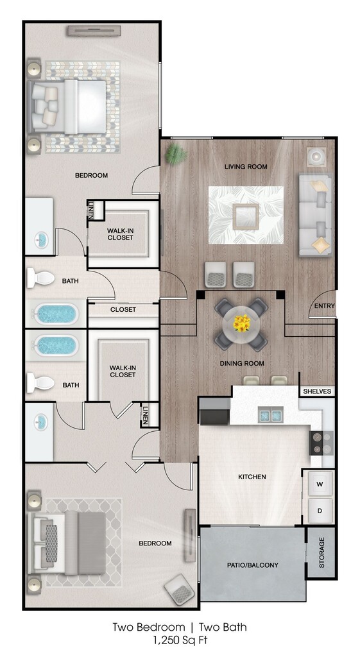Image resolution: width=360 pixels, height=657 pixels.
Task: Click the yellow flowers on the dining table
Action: coord(242,323)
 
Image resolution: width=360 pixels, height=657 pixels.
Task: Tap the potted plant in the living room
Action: coord(176,155)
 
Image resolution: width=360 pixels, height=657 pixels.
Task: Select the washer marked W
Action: coord(320,484)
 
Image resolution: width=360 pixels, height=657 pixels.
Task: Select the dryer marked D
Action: coord(320,510)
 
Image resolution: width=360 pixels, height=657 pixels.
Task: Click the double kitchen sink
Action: coord(270,415)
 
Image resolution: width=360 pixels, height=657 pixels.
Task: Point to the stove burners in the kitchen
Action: coord(321,443)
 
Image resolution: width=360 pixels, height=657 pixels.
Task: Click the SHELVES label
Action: coord(317,391)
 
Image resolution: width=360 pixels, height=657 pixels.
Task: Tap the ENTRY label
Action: coord(324,306)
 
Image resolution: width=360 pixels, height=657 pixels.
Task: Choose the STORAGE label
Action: coord(322,552)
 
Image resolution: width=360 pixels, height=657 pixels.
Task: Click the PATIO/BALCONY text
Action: coord(253,565)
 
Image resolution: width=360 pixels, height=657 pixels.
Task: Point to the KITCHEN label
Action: coord(252,477)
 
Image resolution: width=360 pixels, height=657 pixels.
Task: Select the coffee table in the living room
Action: coord(246,216)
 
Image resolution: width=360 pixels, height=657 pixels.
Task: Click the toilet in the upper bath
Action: coord(40,278)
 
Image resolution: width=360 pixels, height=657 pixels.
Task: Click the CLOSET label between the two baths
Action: coord(123,310)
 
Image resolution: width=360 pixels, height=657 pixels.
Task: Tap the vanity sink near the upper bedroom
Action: coord(41,240)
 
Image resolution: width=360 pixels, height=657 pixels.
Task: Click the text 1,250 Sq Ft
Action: coord(180,640)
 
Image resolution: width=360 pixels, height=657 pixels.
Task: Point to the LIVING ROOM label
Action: coord(246,167)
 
